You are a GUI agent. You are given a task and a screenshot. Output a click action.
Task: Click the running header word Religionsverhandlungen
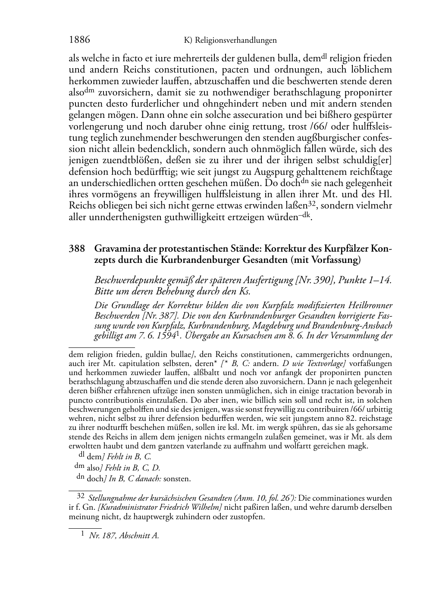point(235,41)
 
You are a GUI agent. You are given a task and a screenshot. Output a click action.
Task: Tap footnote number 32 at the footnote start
point(81,497)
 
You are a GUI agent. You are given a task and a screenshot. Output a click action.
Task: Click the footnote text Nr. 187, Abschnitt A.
point(124,536)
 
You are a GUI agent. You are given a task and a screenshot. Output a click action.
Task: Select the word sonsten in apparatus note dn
point(177,479)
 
